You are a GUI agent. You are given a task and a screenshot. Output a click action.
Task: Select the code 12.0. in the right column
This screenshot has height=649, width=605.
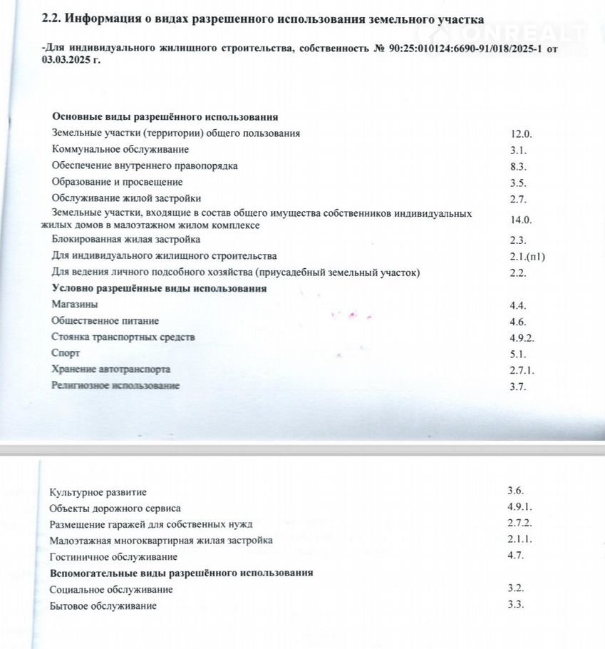click(521, 134)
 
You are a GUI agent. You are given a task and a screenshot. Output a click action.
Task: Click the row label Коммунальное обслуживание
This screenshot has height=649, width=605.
click(120, 150)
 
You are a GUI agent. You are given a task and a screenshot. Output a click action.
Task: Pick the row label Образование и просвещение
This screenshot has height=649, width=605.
click(122, 182)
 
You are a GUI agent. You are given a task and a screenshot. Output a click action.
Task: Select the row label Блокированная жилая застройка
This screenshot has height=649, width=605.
click(126, 240)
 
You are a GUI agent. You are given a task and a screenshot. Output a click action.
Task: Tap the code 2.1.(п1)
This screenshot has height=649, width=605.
click(527, 256)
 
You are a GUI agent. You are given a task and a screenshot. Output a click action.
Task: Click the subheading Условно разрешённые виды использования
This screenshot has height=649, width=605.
click(159, 289)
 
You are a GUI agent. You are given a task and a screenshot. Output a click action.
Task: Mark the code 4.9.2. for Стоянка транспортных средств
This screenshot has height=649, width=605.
click(522, 338)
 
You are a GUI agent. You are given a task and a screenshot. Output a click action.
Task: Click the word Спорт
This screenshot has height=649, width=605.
click(66, 353)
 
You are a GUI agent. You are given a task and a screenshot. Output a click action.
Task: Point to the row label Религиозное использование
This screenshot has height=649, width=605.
click(115, 386)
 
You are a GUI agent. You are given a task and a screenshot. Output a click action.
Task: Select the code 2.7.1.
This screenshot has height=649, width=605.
click(522, 370)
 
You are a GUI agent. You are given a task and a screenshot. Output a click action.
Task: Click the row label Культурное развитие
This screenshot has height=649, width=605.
click(98, 492)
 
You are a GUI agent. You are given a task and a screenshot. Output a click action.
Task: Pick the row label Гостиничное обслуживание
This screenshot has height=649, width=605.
click(113, 556)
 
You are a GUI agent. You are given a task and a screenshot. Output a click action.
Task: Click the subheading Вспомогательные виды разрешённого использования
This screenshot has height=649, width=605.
click(181, 573)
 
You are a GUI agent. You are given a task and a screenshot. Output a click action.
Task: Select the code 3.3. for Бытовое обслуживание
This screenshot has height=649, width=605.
click(515, 605)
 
